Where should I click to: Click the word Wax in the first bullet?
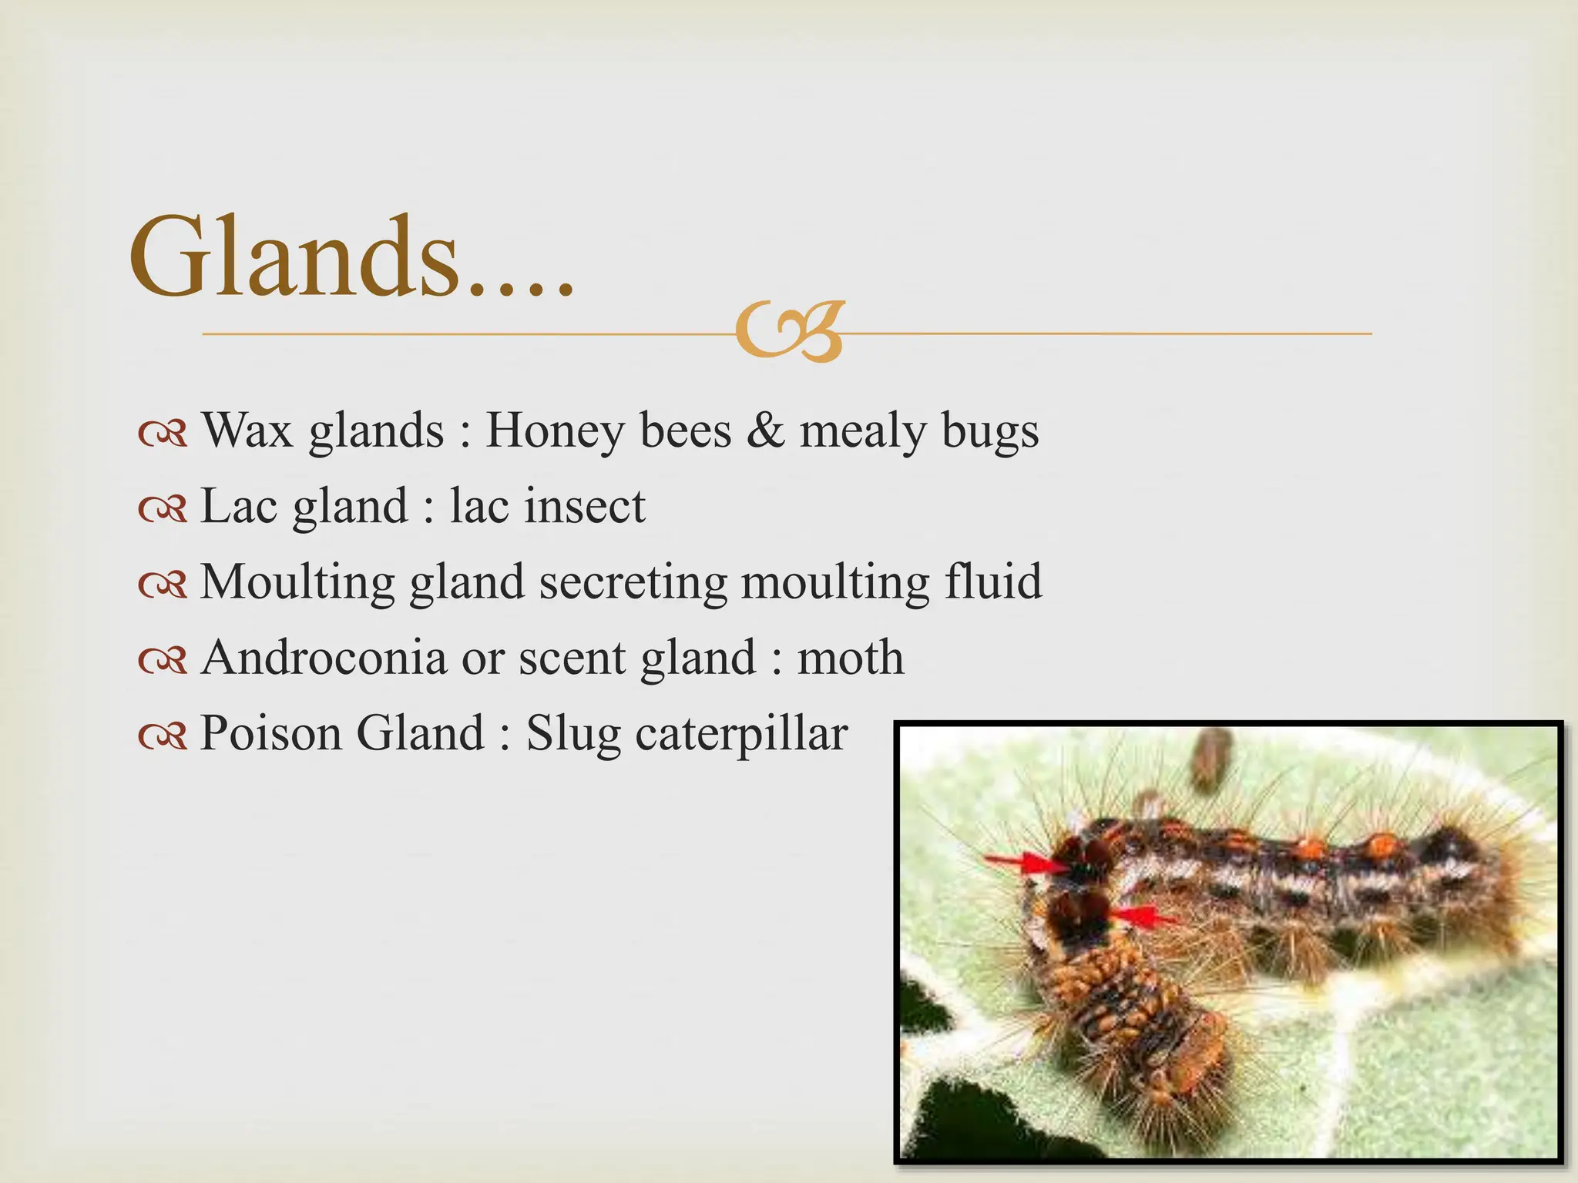coord(247,430)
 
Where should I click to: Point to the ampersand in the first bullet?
coord(765,430)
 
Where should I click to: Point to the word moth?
coord(850,657)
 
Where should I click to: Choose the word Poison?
coord(270,732)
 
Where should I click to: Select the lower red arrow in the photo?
coord(1145,917)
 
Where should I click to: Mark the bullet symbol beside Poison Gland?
coord(163,736)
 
